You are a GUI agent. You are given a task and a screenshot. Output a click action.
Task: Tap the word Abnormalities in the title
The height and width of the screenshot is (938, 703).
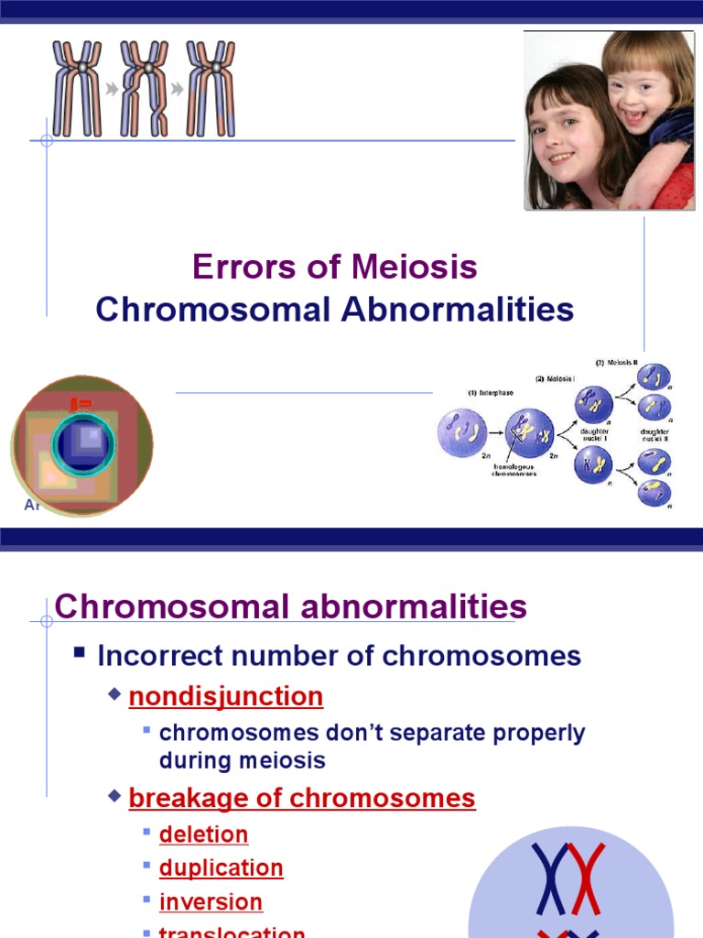point(458,310)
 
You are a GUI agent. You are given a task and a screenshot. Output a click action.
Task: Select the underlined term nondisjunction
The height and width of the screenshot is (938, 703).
point(226,697)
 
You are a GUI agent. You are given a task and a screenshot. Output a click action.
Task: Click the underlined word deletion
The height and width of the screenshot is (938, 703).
point(203,834)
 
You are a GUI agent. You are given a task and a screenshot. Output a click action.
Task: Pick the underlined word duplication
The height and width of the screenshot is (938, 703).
point(221,868)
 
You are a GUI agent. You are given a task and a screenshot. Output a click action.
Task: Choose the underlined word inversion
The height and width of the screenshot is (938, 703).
point(211,902)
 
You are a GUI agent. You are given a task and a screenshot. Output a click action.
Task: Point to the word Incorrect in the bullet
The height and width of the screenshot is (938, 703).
point(161,656)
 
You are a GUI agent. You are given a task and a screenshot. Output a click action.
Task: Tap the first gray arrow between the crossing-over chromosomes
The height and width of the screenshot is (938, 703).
point(111,89)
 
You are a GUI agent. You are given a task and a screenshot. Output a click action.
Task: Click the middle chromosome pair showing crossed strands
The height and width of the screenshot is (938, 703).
point(145,89)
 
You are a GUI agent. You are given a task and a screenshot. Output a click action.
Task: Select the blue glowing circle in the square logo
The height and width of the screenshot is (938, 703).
point(84,446)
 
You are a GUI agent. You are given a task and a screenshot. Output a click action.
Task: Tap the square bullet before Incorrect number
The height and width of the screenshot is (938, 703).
point(80,654)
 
